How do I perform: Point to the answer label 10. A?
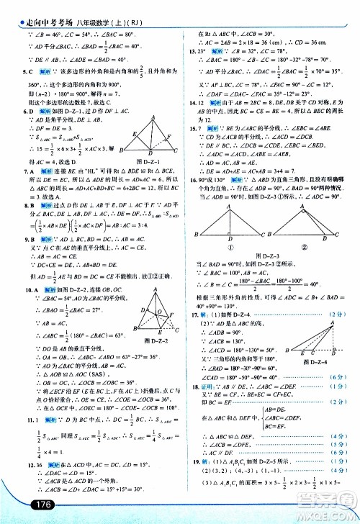[28, 268]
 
